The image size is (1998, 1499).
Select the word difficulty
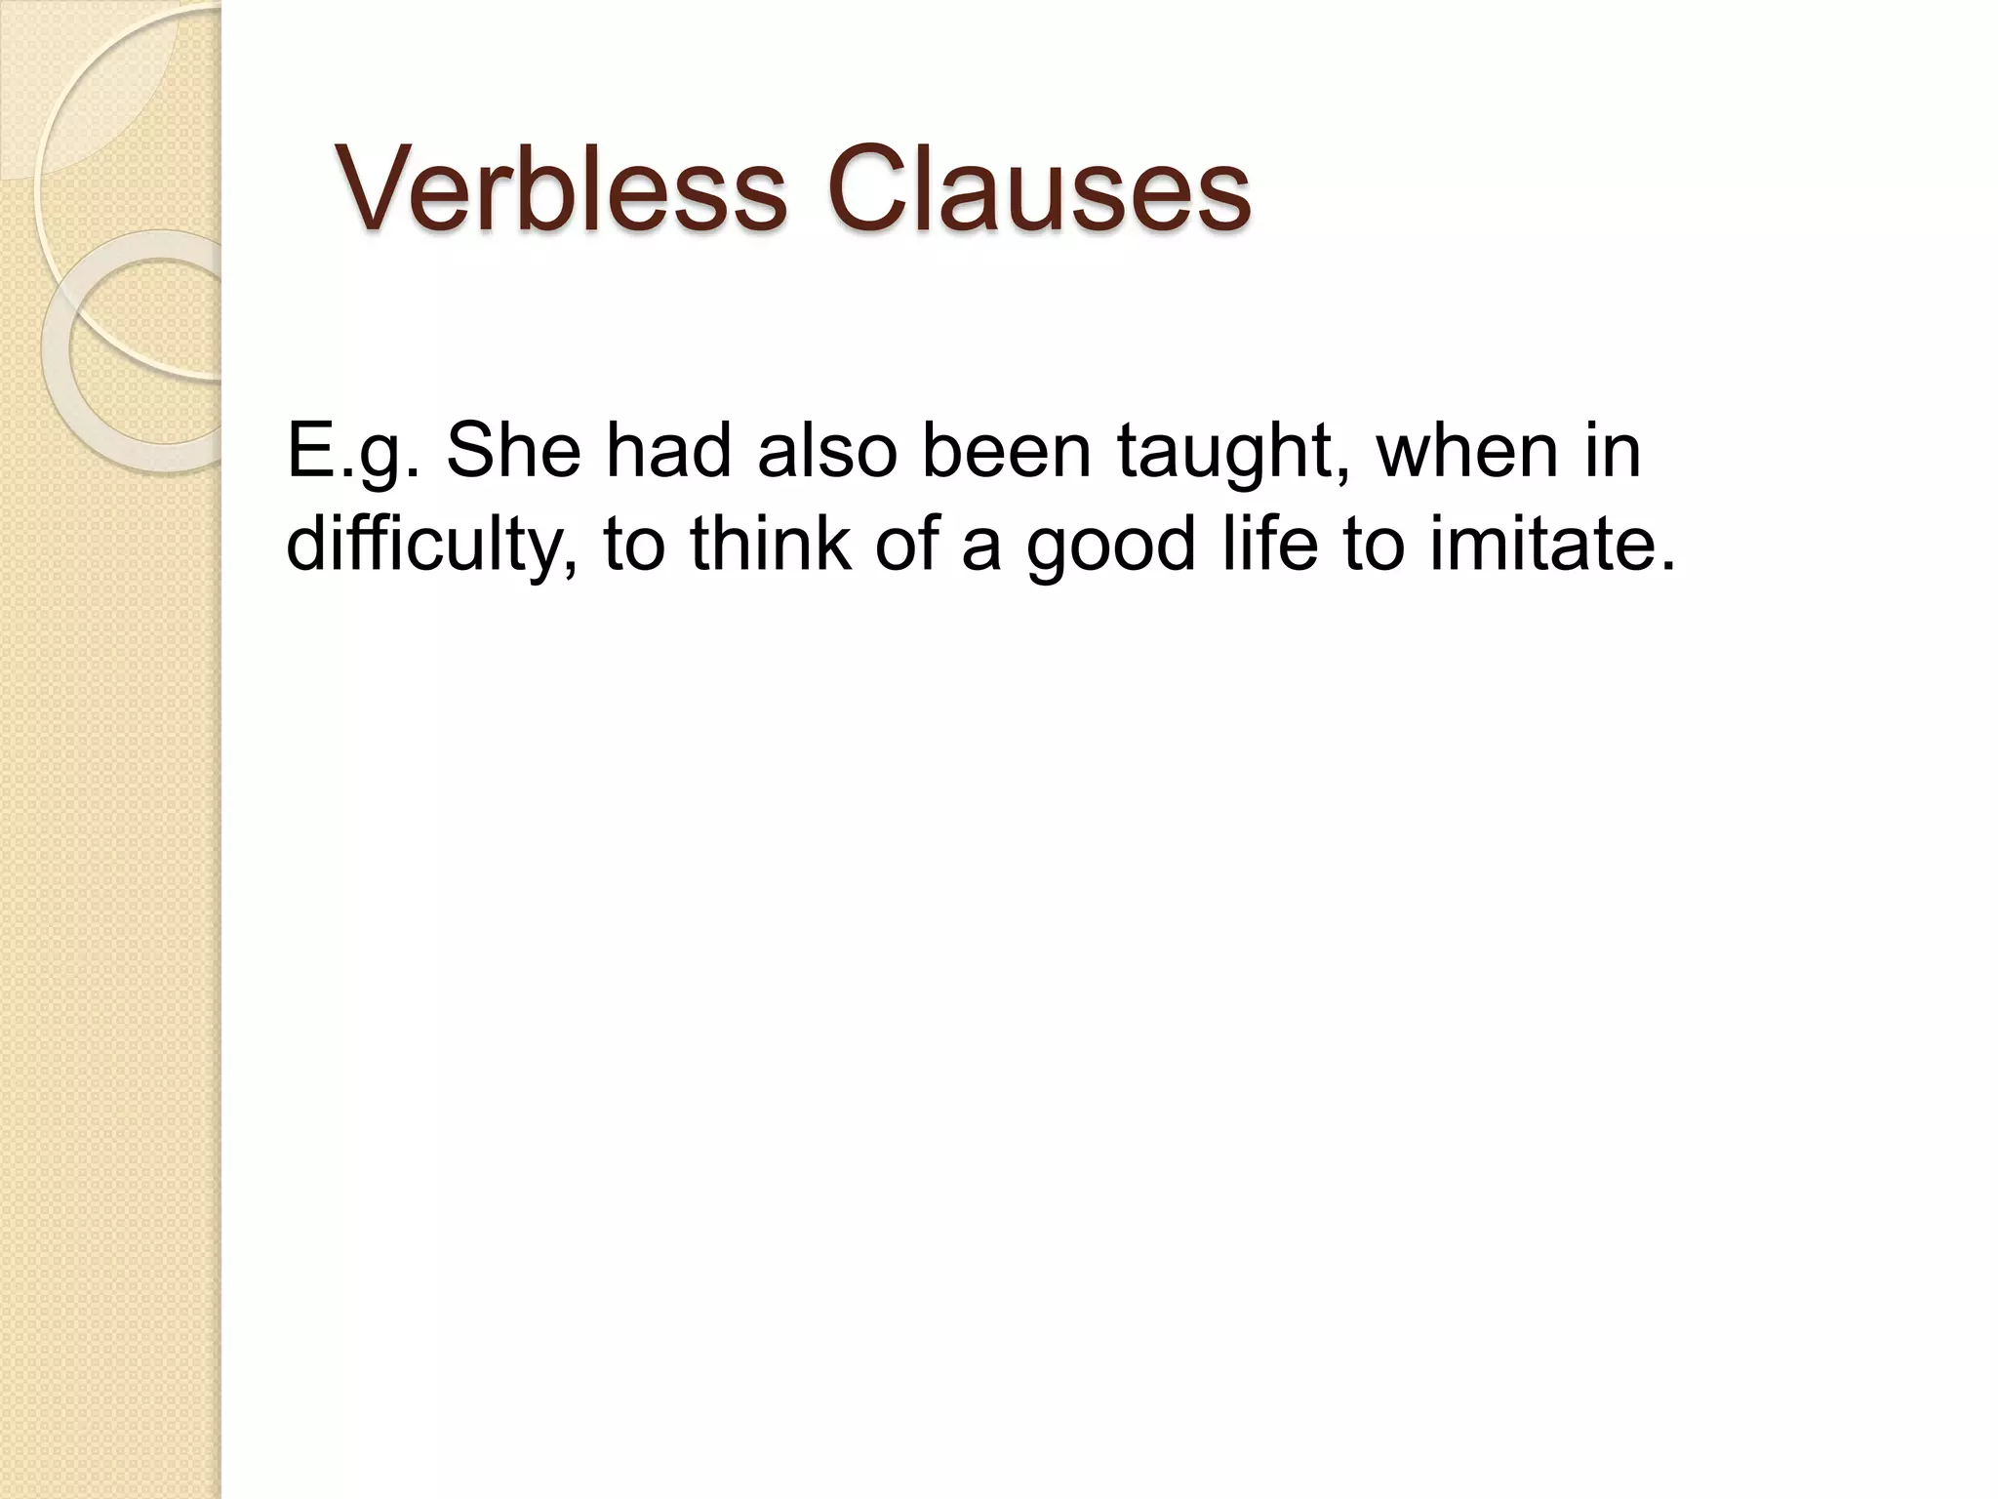(x=429, y=544)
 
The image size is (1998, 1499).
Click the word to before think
(x=635, y=544)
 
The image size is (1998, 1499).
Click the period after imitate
(x=1665, y=565)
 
